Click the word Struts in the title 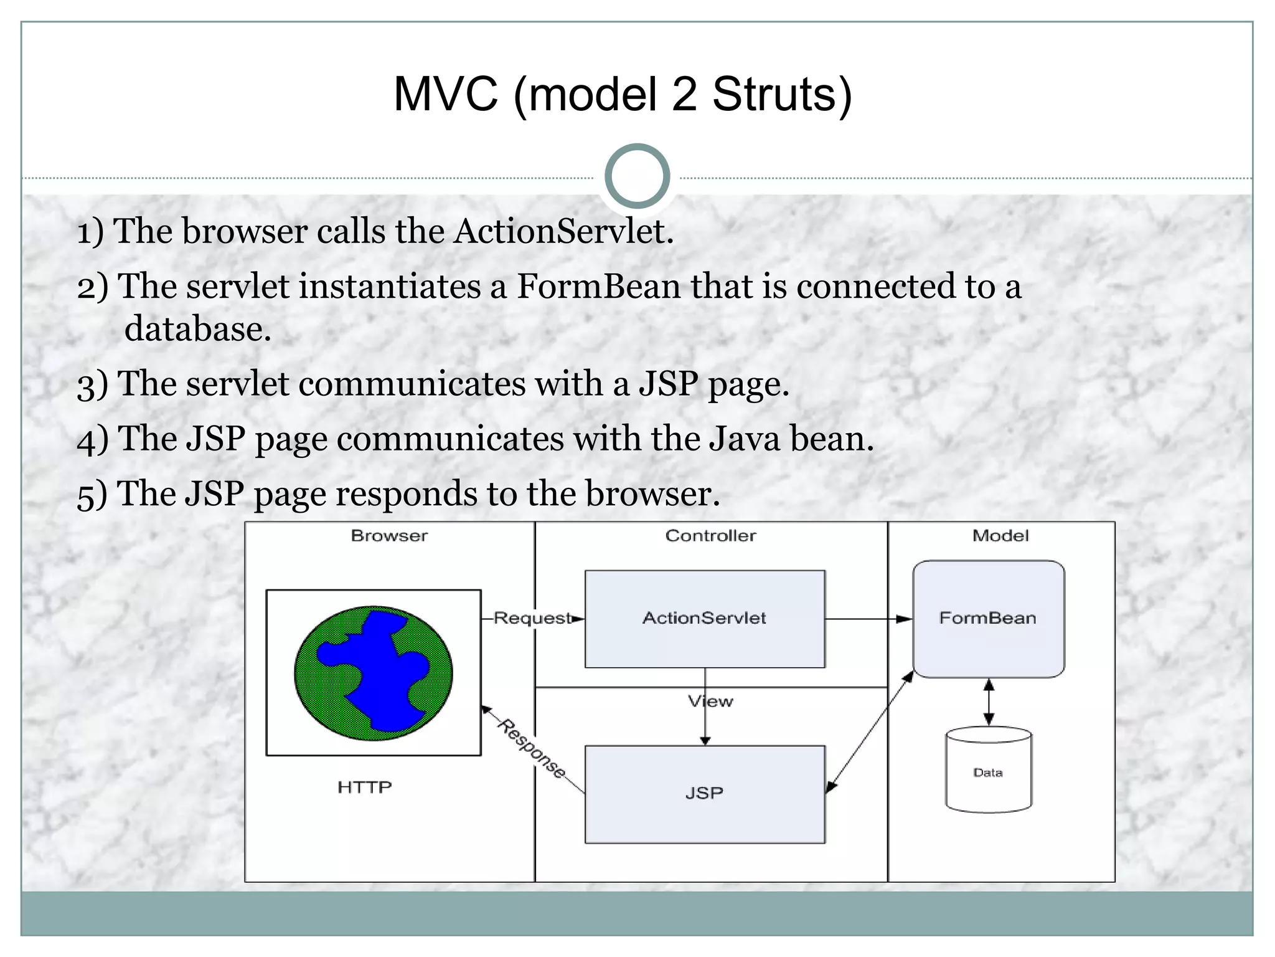[781, 95]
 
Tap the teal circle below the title [637, 176]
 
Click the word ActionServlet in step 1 [563, 231]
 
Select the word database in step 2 [197, 329]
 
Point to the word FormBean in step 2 [599, 287]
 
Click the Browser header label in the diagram [389, 536]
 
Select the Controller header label [710, 536]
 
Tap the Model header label [1000, 536]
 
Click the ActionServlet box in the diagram [705, 619]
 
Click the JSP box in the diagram [705, 794]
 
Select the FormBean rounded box [988, 619]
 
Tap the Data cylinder [988, 771]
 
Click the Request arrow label [532, 619]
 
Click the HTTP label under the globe [364, 788]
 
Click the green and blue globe [374, 673]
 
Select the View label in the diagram [710, 702]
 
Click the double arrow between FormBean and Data [989, 702]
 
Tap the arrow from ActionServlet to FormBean [868, 619]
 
